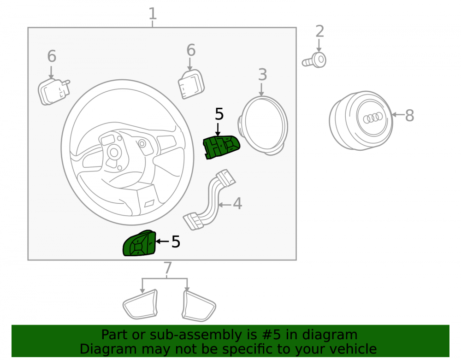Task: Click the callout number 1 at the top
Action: (x=152, y=14)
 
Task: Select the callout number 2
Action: (x=319, y=31)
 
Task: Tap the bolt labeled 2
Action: (x=314, y=60)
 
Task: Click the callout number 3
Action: (x=262, y=75)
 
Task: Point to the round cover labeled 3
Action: (x=263, y=125)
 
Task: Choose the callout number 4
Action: (x=237, y=204)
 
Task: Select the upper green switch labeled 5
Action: (x=221, y=147)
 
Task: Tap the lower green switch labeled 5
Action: (x=139, y=243)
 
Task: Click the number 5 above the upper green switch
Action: (x=219, y=114)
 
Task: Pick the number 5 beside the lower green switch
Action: (x=176, y=242)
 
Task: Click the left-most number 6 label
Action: (x=52, y=56)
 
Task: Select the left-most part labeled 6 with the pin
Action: (x=54, y=91)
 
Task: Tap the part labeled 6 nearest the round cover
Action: (x=191, y=84)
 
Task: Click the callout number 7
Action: (x=167, y=268)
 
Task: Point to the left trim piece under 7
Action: (x=140, y=305)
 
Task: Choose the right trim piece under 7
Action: (x=199, y=306)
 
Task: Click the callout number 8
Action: (x=409, y=116)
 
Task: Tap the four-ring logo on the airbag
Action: (x=373, y=118)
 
